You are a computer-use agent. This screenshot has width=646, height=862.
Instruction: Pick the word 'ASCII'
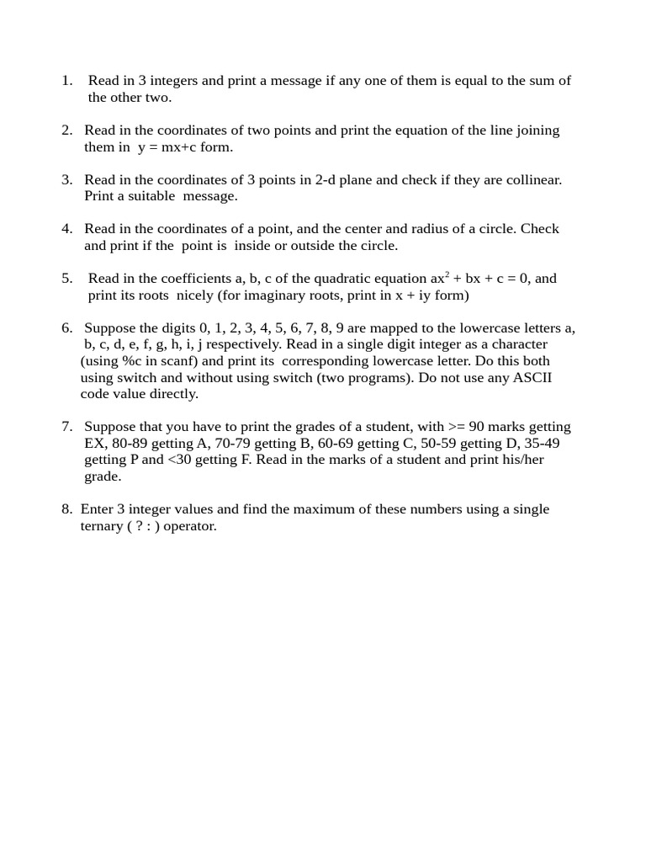532,377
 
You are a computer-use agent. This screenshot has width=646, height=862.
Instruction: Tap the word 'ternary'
99,526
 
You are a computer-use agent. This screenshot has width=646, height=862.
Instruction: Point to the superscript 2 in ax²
447,274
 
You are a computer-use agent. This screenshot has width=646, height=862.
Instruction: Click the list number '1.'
68,81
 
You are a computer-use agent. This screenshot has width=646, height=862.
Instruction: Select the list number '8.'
66,509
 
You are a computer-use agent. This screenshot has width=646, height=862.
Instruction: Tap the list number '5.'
67,279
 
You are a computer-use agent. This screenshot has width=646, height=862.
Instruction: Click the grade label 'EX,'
96,444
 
